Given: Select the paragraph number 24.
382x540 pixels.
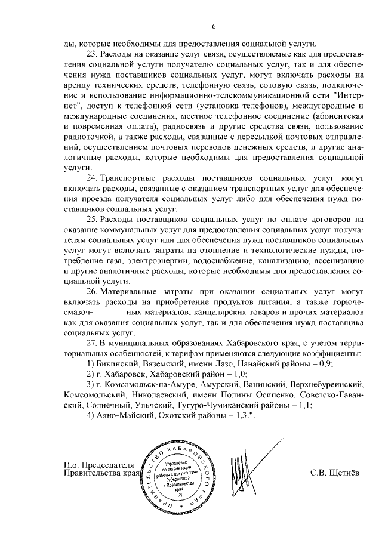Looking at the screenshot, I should (x=93, y=178).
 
